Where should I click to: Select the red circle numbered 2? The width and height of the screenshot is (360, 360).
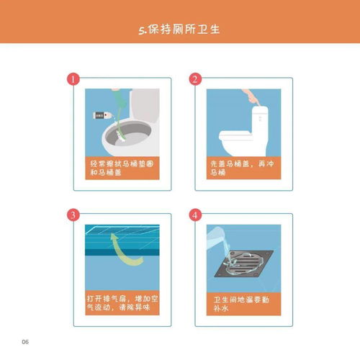pyautogui.click(x=194, y=79)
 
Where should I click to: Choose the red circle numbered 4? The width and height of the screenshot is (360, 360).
pyautogui.click(x=194, y=215)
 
